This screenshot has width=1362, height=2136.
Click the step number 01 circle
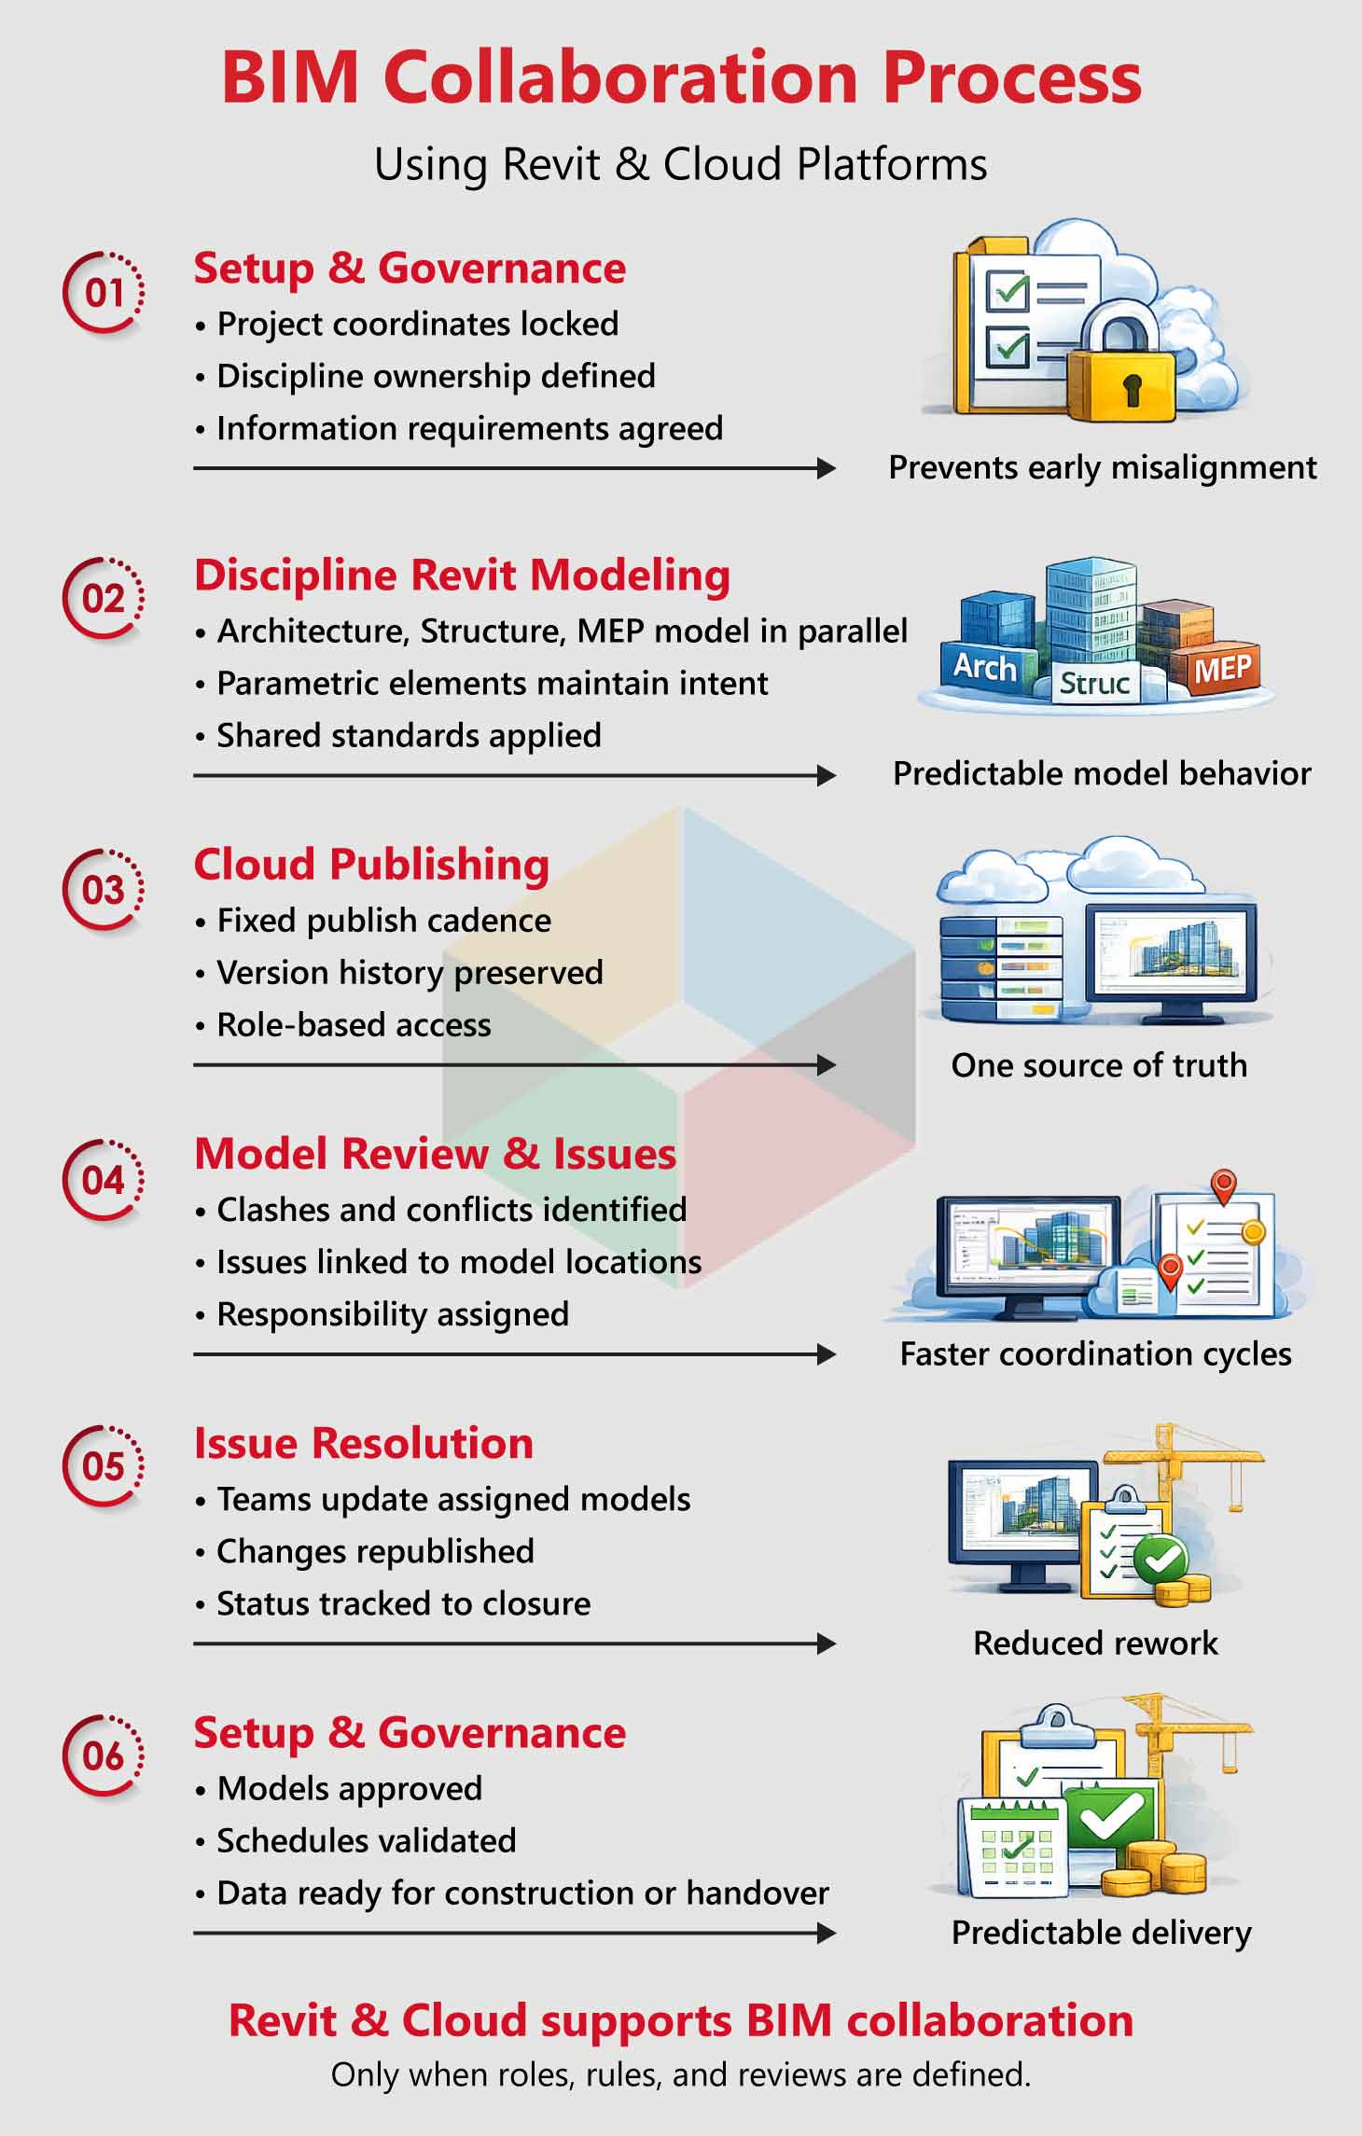point(104,293)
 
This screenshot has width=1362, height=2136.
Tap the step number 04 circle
point(104,1181)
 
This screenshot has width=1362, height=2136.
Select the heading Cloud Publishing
point(371,865)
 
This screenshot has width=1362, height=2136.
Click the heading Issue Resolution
point(364,1443)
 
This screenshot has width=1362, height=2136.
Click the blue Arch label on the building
point(984,668)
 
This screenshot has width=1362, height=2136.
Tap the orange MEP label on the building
point(1222,669)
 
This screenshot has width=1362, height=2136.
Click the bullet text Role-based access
point(354,1024)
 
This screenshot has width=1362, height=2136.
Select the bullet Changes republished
point(375,1551)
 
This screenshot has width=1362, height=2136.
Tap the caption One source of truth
point(1099,1064)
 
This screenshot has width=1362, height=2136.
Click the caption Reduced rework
point(1095,1643)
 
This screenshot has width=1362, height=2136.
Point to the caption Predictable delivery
point(1101,1932)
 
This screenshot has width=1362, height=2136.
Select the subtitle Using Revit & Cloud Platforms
point(680,165)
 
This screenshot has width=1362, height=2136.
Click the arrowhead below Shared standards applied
point(826,775)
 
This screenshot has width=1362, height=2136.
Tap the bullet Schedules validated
point(366,1840)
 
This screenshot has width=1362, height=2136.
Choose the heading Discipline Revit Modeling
point(462,575)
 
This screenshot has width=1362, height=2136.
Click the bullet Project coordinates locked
point(417,324)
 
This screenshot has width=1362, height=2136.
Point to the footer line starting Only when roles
point(680,2074)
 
